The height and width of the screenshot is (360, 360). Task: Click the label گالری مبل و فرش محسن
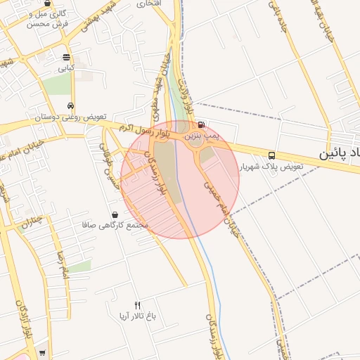click(47, 18)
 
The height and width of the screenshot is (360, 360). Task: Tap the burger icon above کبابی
click(66, 58)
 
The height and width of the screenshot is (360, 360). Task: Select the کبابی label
click(65, 68)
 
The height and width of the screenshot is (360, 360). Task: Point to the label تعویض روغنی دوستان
click(66, 117)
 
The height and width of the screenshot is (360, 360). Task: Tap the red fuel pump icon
click(202, 124)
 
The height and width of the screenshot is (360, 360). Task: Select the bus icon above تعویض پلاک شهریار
click(271, 156)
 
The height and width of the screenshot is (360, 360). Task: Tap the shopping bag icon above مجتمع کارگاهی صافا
click(115, 214)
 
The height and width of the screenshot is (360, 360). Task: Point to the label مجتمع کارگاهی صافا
click(114, 225)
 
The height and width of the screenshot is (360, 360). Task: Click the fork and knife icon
click(137, 306)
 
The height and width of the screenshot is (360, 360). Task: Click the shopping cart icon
click(43, 353)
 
